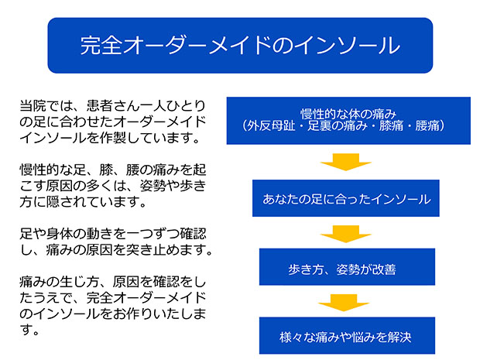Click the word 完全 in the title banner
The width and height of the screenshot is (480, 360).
(x=101, y=46)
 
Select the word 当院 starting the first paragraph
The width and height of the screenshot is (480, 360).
(x=33, y=106)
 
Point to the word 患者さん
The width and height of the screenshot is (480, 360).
(x=113, y=106)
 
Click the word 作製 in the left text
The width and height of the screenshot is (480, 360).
(x=113, y=138)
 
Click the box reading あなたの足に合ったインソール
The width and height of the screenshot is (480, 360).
(x=346, y=198)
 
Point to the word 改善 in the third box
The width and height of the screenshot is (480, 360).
(x=384, y=269)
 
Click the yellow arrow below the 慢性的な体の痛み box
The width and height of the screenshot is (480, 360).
(x=346, y=162)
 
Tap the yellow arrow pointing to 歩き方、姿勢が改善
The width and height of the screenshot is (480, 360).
(x=346, y=234)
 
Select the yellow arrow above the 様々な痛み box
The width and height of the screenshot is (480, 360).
(x=344, y=303)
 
